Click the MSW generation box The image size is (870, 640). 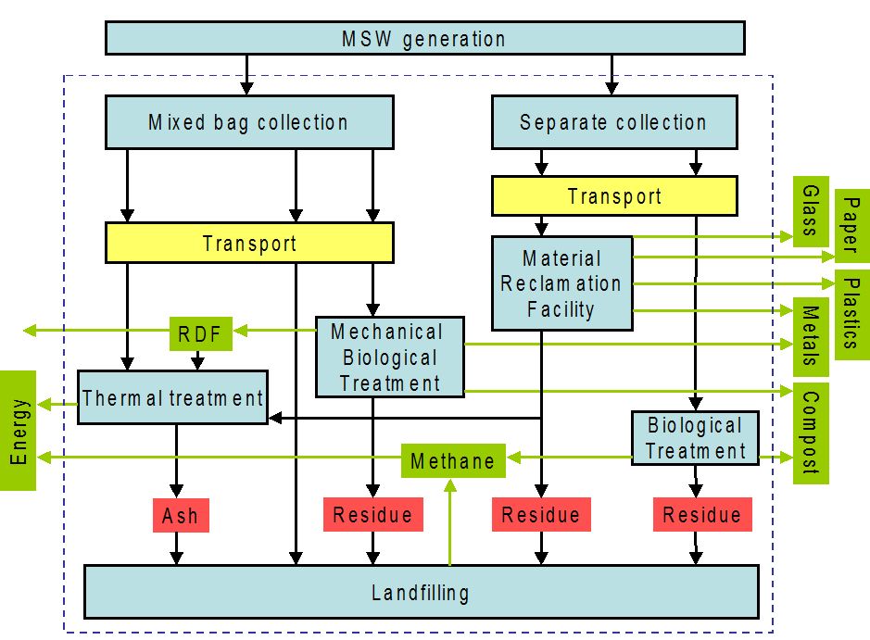(425, 38)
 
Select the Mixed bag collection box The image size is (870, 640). (249, 122)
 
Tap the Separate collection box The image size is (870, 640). (615, 122)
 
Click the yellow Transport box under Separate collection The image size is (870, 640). (615, 195)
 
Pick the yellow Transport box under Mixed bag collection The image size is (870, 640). (249, 243)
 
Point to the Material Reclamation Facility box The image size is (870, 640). (562, 283)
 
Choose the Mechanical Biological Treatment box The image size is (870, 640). (390, 358)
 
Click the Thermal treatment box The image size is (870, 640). (172, 397)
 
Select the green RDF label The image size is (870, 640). (200, 333)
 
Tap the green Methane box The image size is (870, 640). (453, 460)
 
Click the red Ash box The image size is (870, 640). (181, 515)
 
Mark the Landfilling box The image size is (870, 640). (422, 593)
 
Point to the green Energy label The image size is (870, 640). (18, 431)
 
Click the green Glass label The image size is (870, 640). (811, 211)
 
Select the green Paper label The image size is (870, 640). (852, 225)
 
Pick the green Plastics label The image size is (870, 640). (852, 315)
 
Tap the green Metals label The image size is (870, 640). (811, 336)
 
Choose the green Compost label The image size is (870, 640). (811, 433)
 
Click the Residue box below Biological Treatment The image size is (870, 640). (702, 515)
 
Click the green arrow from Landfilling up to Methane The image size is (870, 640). (450, 522)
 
